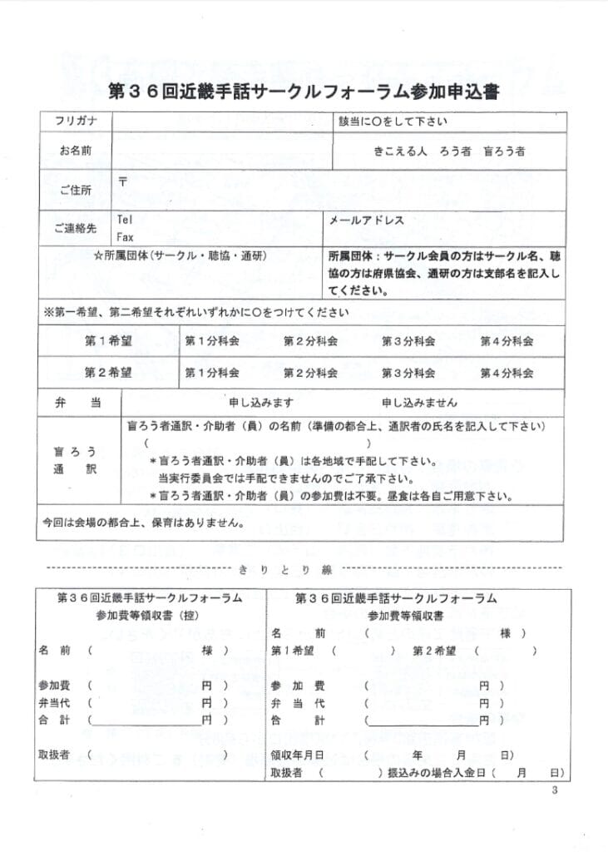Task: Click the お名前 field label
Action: click(x=75, y=151)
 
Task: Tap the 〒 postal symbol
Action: click(x=122, y=182)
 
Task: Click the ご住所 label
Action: click(x=75, y=191)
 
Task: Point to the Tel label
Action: click(x=125, y=220)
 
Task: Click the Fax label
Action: click(x=125, y=237)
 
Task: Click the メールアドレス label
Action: click(x=367, y=220)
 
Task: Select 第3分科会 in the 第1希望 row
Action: click(x=408, y=341)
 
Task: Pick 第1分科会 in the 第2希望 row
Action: click(x=211, y=372)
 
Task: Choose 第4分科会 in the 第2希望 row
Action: click(x=507, y=372)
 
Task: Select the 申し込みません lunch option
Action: click(x=419, y=403)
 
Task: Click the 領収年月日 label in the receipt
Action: click(x=296, y=755)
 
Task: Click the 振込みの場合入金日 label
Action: click(x=435, y=773)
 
